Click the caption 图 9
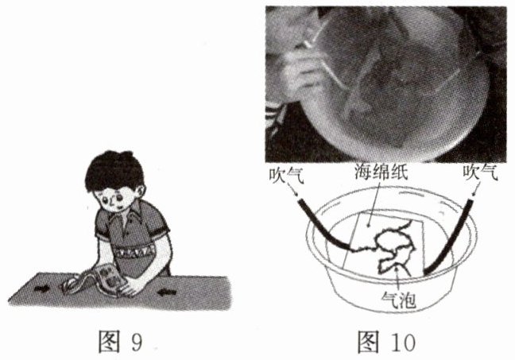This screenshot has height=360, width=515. click(121, 341)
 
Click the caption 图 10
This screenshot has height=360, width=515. click(386, 341)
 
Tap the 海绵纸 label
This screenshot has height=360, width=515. click(381, 172)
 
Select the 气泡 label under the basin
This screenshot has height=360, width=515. click(399, 300)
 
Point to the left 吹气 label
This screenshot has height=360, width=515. click(286, 175)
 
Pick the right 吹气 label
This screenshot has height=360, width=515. click(480, 172)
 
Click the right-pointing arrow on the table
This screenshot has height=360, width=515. click(42, 288)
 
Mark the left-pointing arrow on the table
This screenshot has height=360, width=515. click(167, 292)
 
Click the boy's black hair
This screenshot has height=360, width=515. click(114, 171)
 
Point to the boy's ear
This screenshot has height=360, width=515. click(141, 192)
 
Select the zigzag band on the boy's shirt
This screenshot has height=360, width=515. click(135, 252)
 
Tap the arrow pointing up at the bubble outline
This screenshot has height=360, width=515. click(398, 278)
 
